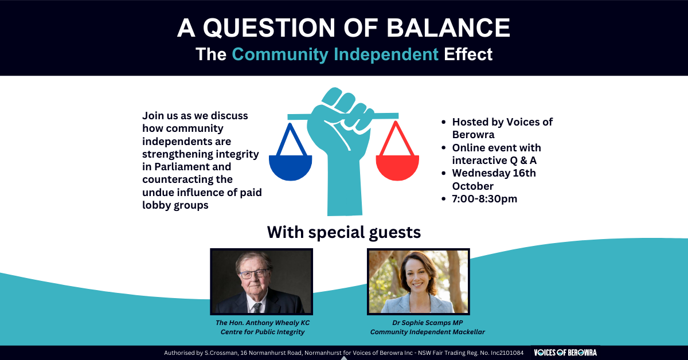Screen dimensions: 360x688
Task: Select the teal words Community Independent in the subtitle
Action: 335,54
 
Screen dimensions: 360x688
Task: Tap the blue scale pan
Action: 291,165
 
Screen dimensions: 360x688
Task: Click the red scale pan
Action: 397,165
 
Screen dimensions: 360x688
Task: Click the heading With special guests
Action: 343,232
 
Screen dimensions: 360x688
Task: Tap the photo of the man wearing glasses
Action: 261,281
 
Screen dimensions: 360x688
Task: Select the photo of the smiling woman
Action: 419,281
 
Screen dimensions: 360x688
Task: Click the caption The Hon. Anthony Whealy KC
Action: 263,323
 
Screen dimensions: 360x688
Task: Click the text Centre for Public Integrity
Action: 263,332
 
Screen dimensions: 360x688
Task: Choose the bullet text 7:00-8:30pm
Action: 481,199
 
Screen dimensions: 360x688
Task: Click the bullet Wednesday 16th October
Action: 494,179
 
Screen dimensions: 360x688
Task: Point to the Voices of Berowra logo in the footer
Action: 565,353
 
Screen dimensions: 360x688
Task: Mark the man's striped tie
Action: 257,307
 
